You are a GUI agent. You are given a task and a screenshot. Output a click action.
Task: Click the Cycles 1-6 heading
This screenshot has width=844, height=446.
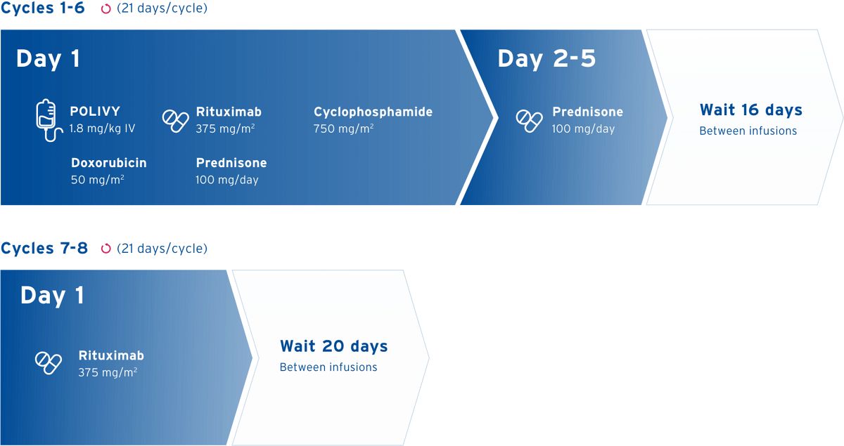point(44,9)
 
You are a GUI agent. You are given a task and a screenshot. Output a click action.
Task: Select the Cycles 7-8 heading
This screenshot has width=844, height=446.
point(44,248)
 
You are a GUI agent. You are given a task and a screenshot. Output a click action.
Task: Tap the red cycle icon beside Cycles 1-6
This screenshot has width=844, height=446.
point(106,10)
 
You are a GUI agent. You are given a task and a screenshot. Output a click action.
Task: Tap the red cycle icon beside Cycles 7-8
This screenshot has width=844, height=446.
point(106,249)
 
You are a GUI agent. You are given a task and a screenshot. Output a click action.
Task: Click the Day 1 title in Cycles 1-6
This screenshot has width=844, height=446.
point(48,59)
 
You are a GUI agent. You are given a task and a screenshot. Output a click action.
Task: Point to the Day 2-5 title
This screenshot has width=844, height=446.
point(546,59)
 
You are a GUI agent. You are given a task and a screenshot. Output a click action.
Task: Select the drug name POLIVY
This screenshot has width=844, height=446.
point(94,112)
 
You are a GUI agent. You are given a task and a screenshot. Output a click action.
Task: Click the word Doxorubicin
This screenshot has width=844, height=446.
point(109,163)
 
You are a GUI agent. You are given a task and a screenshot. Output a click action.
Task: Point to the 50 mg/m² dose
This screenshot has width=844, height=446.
point(97,180)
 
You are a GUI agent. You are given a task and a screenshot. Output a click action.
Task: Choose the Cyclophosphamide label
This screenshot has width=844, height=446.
point(373,112)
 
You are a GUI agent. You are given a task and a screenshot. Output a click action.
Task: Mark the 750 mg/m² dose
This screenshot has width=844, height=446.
point(343,129)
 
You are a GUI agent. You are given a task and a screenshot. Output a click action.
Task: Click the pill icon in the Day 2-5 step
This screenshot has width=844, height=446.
point(529,121)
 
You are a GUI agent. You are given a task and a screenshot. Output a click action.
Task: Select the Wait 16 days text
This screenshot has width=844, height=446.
point(750,110)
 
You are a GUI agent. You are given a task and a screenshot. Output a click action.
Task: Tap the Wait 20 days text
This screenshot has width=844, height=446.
point(333,346)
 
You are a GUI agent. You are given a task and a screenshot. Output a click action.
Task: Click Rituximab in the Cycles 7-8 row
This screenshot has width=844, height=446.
point(111,355)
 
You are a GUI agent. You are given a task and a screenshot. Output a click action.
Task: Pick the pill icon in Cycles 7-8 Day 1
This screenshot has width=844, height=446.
point(49,363)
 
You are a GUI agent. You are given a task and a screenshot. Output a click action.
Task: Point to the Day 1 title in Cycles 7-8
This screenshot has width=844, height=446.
point(52,296)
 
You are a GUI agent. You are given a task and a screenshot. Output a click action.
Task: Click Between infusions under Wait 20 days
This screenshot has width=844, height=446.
point(328,367)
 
